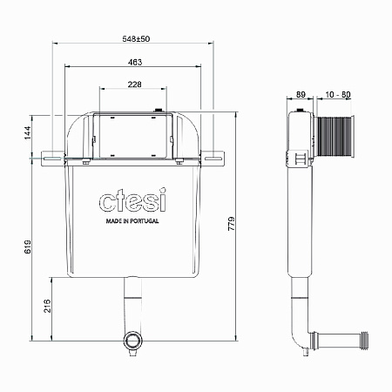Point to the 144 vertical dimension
coord(27,132)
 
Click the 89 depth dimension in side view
coord(301,94)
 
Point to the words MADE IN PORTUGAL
coord(132,223)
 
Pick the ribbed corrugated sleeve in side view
coord(335,135)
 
